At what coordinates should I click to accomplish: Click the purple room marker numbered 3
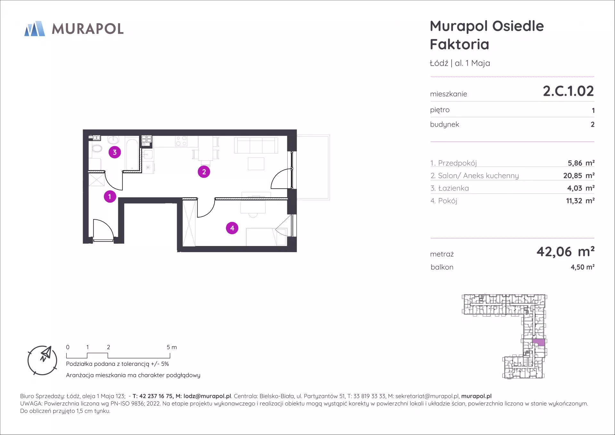pyautogui.click(x=115, y=152)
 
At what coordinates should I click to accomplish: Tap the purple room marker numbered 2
pyautogui.click(x=204, y=172)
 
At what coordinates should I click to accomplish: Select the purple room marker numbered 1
pyautogui.click(x=110, y=196)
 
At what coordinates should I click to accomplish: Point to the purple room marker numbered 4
pyautogui.click(x=232, y=228)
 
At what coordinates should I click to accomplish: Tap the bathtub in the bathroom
pyautogui.click(x=131, y=153)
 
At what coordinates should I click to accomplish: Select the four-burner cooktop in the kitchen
pyautogui.click(x=181, y=141)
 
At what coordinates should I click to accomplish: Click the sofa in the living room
pyautogui.click(x=256, y=145)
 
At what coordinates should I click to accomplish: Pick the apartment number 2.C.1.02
pyautogui.click(x=568, y=91)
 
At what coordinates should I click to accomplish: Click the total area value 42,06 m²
pyautogui.click(x=566, y=252)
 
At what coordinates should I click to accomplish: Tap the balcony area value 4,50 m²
pyautogui.click(x=583, y=267)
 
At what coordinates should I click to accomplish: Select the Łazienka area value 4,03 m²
pyautogui.click(x=581, y=188)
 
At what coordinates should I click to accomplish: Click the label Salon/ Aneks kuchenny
pyautogui.click(x=478, y=176)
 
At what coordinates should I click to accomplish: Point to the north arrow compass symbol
pyautogui.click(x=42, y=360)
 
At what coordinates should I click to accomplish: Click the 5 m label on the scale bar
pyautogui.click(x=172, y=347)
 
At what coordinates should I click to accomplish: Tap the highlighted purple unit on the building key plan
pyautogui.click(x=538, y=342)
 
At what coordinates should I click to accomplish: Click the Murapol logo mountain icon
pyautogui.click(x=35, y=29)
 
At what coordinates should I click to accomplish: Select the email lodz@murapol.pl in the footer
pyautogui.click(x=207, y=396)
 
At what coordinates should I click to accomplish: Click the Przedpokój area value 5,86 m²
pyautogui.click(x=581, y=163)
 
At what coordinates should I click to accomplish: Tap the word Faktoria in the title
pyautogui.click(x=459, y=44)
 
